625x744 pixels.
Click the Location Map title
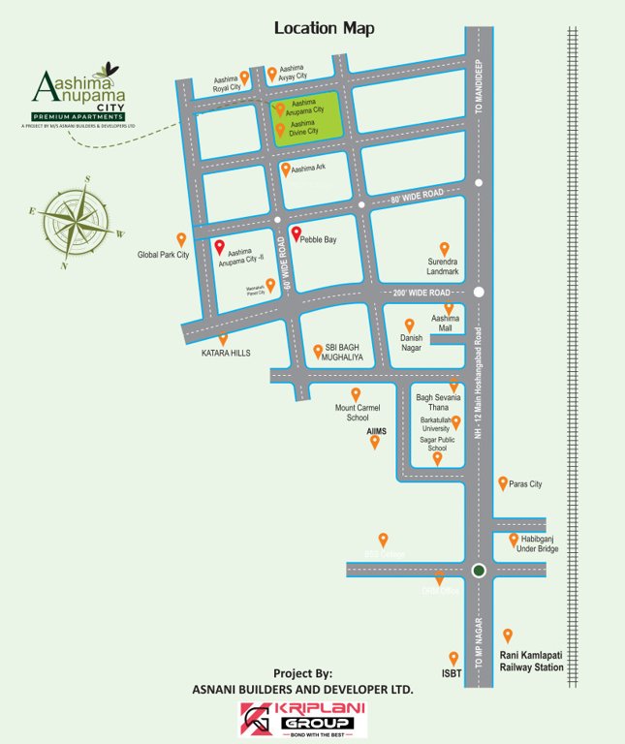(324, 28)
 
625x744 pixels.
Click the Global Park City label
(163, 255)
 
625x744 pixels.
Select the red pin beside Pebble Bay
(296, 233)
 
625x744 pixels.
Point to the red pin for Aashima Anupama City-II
(219, 247)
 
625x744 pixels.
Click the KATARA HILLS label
(225, 354)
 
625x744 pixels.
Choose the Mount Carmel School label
(358, 412)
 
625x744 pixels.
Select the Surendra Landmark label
(444, 265)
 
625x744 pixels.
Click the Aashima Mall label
(446, 324)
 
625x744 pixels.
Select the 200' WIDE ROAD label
(422, 293)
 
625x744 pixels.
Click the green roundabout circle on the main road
(478, 571)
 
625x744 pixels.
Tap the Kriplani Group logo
(303, 719)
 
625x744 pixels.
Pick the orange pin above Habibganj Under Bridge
(513, 539)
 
